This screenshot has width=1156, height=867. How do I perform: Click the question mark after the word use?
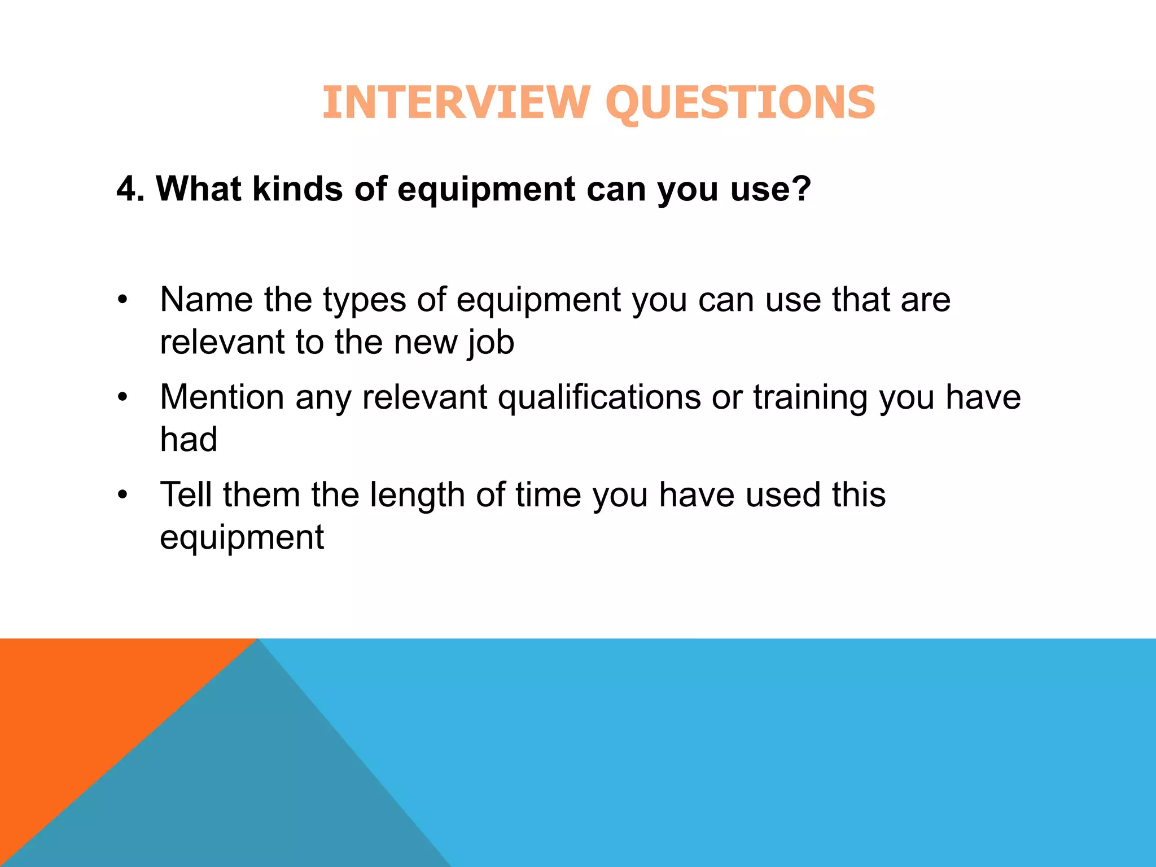800,189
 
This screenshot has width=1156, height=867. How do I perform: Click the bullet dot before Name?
123,300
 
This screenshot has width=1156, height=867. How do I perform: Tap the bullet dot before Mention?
123,397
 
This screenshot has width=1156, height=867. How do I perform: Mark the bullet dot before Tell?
123,495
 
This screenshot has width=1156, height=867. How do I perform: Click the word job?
491,343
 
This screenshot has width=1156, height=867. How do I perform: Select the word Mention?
222,397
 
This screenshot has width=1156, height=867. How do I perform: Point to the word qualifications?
599,397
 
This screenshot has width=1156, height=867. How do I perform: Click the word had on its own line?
189,439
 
